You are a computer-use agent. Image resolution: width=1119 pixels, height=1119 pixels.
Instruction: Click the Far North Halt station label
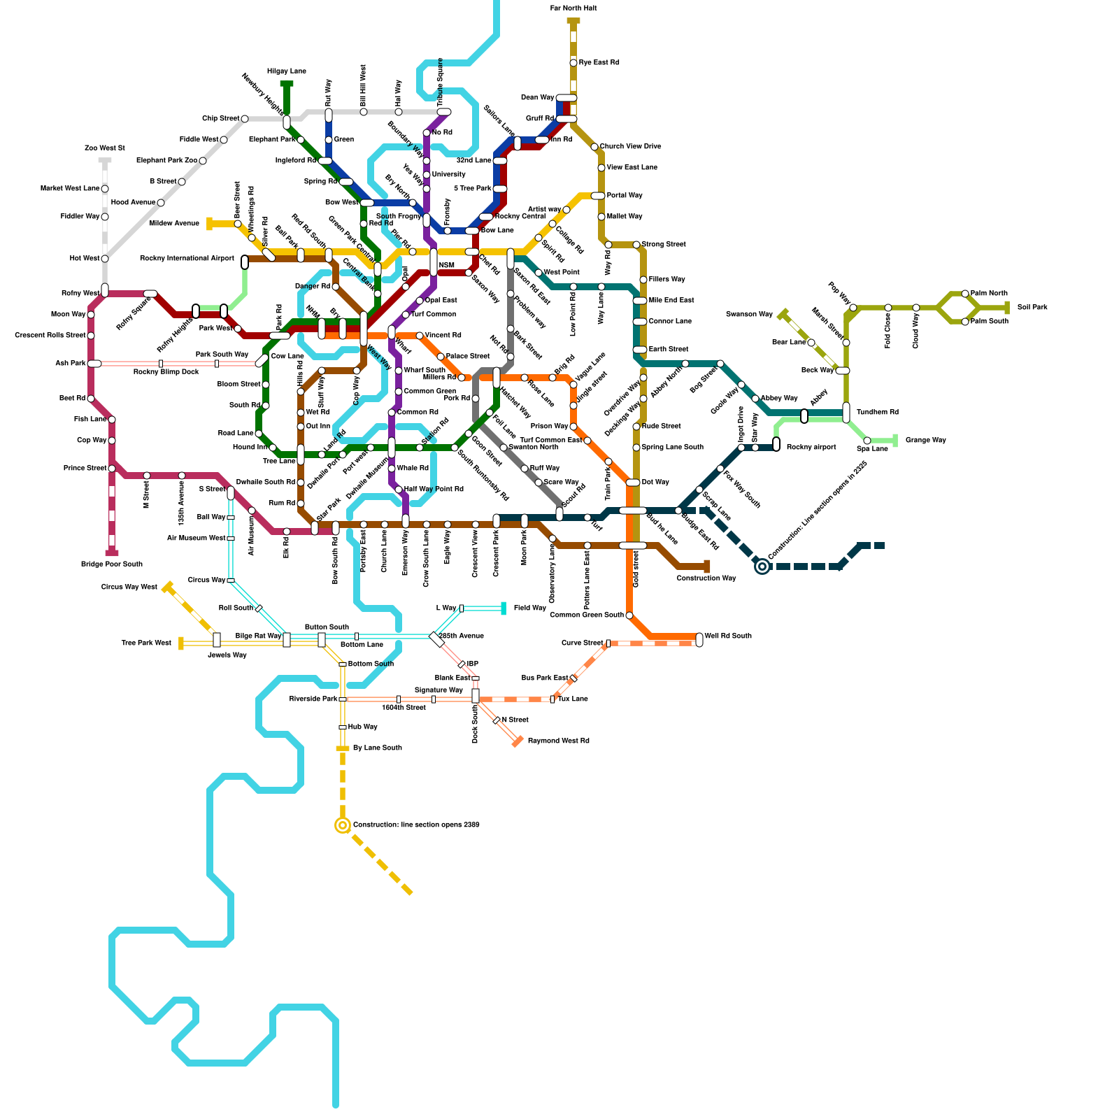(573, 8)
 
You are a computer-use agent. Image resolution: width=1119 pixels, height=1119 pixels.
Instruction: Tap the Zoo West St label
(104, 148)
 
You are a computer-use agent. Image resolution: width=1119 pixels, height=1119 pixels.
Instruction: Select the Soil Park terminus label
(1032, 308)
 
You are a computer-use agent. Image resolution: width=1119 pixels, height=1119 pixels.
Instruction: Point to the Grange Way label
(925, 441)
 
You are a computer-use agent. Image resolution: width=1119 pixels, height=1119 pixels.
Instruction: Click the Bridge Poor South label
(112, 564)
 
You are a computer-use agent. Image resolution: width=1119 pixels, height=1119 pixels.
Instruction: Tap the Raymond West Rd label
(558, 741)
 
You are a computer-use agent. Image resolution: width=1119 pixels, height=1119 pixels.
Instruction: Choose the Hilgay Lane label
(287, 71)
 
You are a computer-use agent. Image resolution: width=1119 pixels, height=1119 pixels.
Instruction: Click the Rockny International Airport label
(187, 259)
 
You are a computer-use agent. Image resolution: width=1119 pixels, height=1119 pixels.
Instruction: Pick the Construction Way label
(706, 578)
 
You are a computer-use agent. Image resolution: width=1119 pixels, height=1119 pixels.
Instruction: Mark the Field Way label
(529, 608)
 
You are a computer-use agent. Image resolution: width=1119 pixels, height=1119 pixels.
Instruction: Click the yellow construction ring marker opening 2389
(343, 825)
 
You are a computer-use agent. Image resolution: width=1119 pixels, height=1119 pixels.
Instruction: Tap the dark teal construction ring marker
(762, 566)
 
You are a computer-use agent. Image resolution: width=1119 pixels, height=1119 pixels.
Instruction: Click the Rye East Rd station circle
(573, 63)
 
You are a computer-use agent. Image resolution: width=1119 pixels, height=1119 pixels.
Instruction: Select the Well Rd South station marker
(699, 639)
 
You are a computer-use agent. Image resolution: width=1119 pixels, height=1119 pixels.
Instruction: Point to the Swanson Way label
(749, 315)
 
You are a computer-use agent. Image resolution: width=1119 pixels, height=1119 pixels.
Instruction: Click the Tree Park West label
(146, 643)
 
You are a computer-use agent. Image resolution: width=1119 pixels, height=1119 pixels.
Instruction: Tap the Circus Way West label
(129, 587)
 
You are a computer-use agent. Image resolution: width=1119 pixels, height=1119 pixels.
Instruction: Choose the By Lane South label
(378, 748)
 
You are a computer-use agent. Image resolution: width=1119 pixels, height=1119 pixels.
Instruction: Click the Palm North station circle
(965, 294)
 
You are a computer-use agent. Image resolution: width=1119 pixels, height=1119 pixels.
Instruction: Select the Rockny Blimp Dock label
(166, 372)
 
